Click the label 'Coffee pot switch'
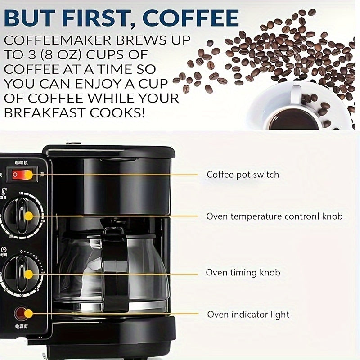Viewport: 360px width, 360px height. [243, 175]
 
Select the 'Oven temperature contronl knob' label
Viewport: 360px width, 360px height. [274, 216]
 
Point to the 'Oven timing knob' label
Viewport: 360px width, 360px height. [243, 273]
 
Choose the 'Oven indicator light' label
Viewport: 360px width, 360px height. [248, 315]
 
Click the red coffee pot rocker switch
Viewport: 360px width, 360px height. [22, 175]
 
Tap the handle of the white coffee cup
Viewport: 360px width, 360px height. [297, 92]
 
